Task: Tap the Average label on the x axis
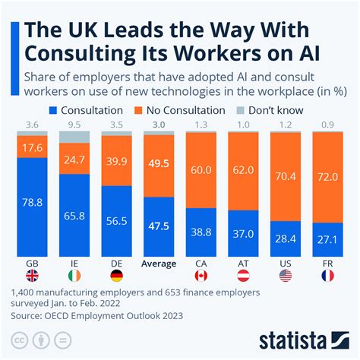[158, 264]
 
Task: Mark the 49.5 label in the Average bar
[158, 163]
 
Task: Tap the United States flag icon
[286, 276]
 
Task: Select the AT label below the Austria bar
[243, 264]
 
